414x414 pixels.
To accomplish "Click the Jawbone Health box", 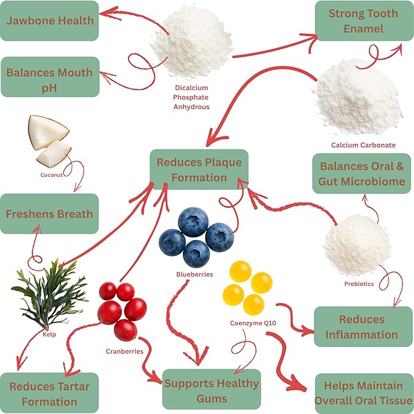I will coord(49,21).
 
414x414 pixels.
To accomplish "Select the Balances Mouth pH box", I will coord(49,77).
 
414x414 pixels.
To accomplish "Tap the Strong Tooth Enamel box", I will coord(363,21).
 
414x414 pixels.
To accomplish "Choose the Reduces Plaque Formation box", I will coord(199,170).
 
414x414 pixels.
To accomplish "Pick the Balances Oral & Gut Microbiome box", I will coord(362,173).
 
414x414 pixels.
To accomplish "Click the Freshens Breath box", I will coord(49,214).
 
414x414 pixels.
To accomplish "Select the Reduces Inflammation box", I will coord(362,327).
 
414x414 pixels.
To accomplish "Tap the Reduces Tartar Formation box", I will coord(49,393).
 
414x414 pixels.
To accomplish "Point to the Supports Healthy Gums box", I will coord(211,390).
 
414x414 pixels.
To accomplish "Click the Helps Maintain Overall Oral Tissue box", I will coord(363,393).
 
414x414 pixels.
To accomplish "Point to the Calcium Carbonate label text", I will coord(363,145).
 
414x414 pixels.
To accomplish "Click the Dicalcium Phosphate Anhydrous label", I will coord(191,97).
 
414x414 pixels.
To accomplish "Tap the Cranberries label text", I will coord(125,351).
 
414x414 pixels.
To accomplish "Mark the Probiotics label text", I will coord(359,284).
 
